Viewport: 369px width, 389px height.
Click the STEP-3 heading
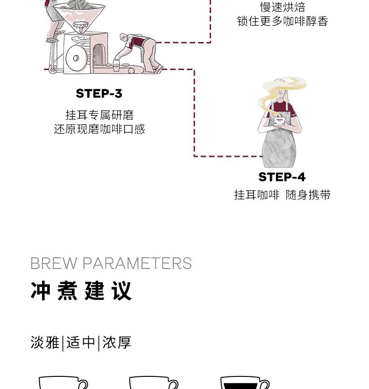tap(99, 93)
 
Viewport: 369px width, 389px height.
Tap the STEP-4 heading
tap(282, 177)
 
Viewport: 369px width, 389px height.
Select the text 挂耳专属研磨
tap(99, 115)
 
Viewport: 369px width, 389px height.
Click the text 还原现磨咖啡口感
tap(99, 129)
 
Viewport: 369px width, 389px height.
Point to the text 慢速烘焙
tap(283, 7)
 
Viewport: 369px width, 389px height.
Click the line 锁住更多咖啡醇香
tap(283, 21)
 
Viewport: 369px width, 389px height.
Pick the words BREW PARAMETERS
tap(111, 263)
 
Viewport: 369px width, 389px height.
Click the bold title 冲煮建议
tap(81, 291)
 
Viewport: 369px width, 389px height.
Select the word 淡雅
tap(45, 342)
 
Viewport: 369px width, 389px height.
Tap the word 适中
tap(81, 342)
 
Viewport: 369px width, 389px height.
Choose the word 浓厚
tap(117, 342)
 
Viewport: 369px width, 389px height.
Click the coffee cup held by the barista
tap(278, 121)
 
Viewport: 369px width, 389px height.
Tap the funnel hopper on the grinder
tap(79, 16)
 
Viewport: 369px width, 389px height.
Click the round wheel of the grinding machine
tap(76, 58)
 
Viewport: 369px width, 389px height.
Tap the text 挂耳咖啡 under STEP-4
tap(256, 195)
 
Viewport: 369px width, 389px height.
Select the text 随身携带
tap(308, 195)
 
